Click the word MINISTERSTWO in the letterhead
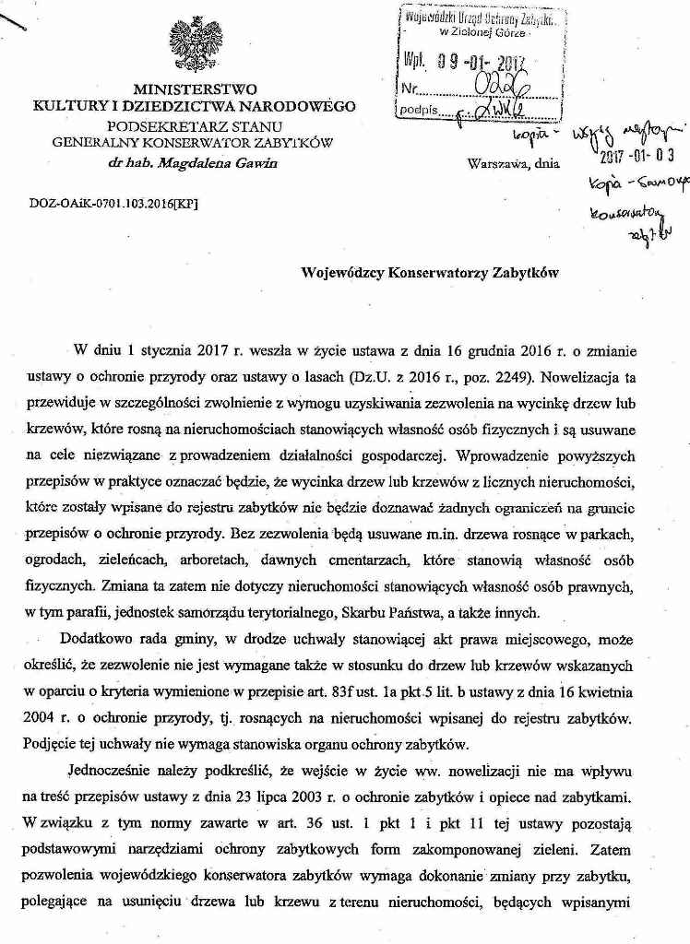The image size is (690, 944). point(195,90)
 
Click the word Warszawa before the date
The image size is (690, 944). point(498,163)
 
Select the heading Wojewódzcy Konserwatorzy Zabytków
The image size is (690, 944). point(429,273)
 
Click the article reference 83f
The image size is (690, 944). point(416,689)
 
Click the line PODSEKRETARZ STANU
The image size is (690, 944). point(195,126)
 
